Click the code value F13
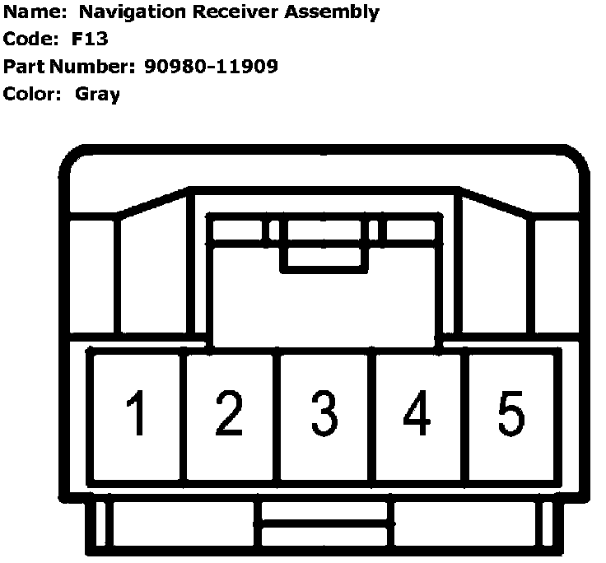click(x=91, y=40)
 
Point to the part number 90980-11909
click(x=210, y=67)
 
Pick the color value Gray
click(x=97, y=94)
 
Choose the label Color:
click(x=33, y=94)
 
